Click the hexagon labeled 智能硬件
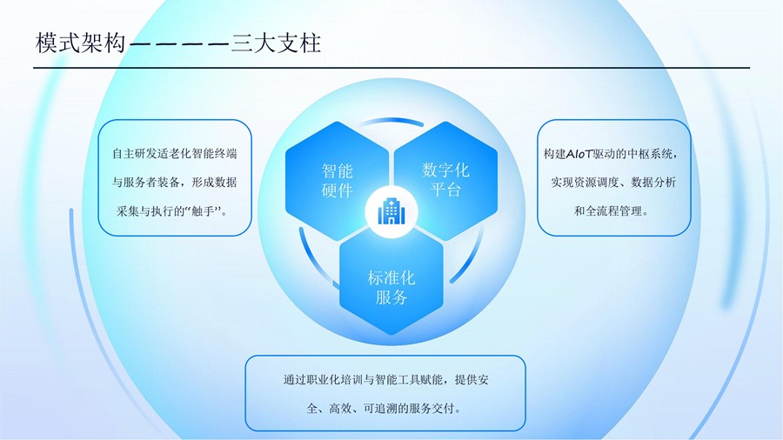pos(337,181)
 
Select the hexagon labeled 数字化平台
pos(445,180)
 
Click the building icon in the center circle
pos(391,211)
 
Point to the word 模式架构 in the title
pos(80,43)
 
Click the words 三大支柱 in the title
pos(276,43)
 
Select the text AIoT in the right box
pos(579,154)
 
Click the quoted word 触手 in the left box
pos(203,211)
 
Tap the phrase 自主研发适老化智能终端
pos(174,153)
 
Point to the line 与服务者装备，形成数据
pos(174,182)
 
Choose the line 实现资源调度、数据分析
pos(613,182)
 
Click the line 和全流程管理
pos(608,211)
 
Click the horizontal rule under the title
pos(391,67)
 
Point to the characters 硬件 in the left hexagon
pos(337,190)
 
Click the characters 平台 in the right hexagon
pos(445,190)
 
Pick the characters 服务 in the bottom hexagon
pos(391,297)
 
